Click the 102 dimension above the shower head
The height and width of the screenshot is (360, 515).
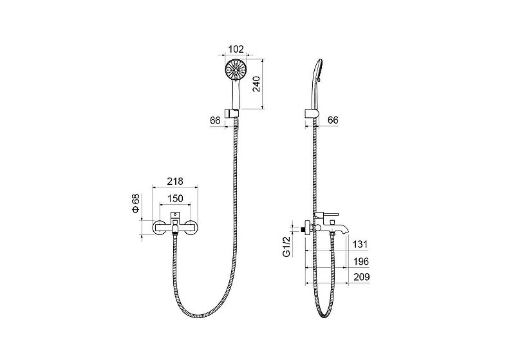236,50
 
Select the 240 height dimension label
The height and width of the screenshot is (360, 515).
256,84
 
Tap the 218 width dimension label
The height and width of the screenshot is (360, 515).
175,182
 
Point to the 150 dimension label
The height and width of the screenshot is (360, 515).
175,198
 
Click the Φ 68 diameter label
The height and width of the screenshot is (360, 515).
136,204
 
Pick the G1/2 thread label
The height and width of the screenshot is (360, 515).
286,247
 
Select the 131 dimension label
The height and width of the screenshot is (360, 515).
360,244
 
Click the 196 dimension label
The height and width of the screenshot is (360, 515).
361,261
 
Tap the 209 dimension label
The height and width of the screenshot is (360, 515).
362,277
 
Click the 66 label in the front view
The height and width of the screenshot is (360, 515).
215,120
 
